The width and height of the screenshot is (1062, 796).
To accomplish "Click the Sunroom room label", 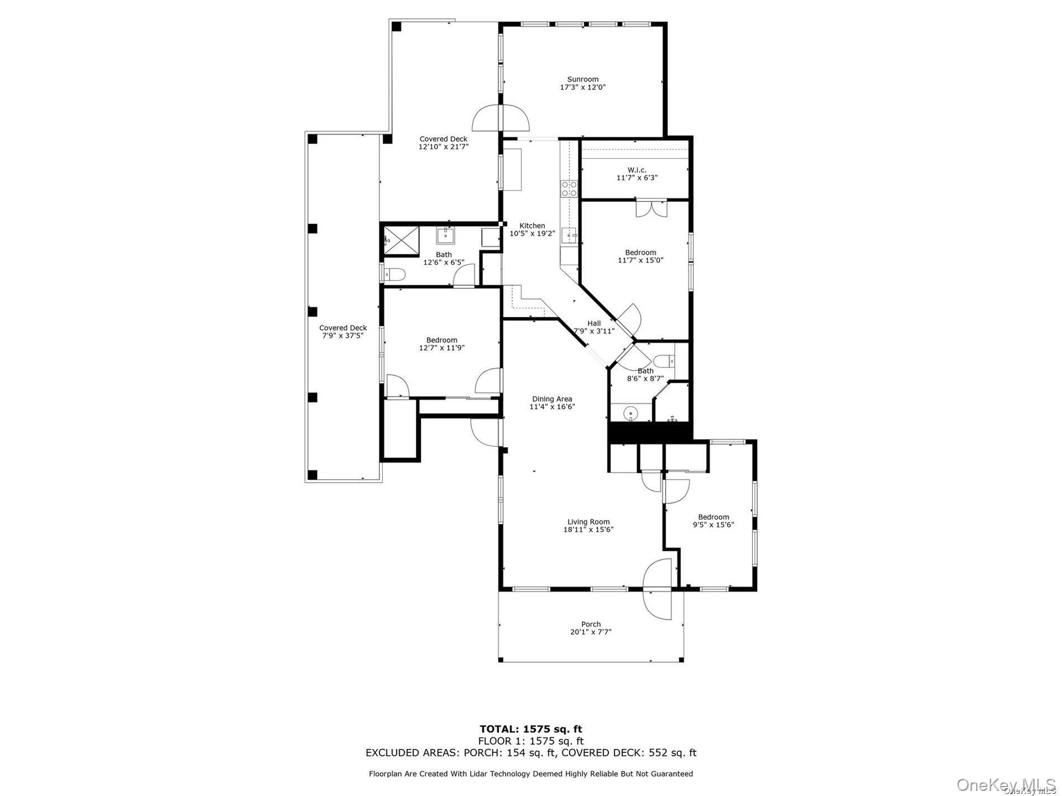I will click(x=582, y=79).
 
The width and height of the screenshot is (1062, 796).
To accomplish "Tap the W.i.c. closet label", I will click(x=637, y=170).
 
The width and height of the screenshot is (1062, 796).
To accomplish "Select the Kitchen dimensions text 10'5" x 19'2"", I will click(x=532, y=233).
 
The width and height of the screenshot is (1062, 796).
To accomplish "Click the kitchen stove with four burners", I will click(x=569, y=189).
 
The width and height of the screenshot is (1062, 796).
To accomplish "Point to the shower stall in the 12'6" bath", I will click(x=401, y=240).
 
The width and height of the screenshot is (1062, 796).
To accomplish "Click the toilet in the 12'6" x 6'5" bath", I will click(x=392, y=274).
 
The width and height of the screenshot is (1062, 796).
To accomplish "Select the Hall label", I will click(x=594, y=323).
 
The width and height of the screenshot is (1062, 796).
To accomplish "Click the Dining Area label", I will click(x=552, y=399).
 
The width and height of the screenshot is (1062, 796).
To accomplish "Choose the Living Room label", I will click(x=588, y=522).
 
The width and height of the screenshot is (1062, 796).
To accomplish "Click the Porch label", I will click(x=591, y=624).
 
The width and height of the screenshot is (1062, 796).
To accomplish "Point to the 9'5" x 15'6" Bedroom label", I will click(x=713, y=517).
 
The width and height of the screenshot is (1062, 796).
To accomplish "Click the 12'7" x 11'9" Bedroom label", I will click(x=442, y=340).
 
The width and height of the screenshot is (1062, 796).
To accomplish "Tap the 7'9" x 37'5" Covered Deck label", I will click(x=343, y=328).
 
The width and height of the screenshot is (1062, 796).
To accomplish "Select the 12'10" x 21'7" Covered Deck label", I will click(x=443, y=139).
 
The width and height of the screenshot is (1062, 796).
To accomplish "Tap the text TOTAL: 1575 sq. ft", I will click(x=530, y=728).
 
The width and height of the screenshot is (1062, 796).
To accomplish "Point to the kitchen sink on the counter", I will click(x=570, y=236).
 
